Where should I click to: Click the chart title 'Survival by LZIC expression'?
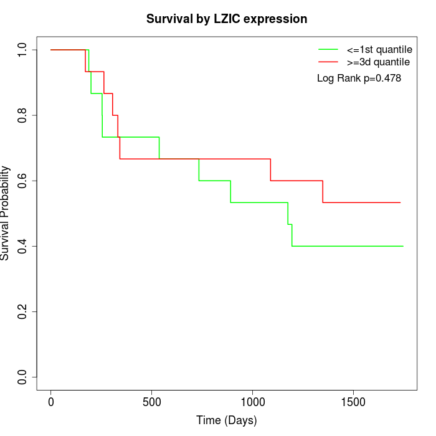[x=227, y=19]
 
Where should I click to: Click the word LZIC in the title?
[x=226, y=19]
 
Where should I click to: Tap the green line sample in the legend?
[x=328, y=49]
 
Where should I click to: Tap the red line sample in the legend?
[x=328, y=62]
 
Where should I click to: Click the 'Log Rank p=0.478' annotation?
[x=359, y=78]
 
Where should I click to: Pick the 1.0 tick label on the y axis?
[x=23, y=50]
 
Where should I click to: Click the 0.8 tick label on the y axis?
[x=23, y=115]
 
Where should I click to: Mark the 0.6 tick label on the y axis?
[x=23, y=181]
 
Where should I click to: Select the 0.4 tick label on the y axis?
[x=23, y=246]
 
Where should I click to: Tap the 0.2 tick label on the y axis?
[x=23, y=311]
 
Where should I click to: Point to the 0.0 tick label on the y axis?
[x=23, y=377]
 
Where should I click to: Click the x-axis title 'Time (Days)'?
[x=227, y=421]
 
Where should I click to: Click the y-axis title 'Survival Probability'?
[x=6, y=213]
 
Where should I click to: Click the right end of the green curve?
[x=403, y=246]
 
